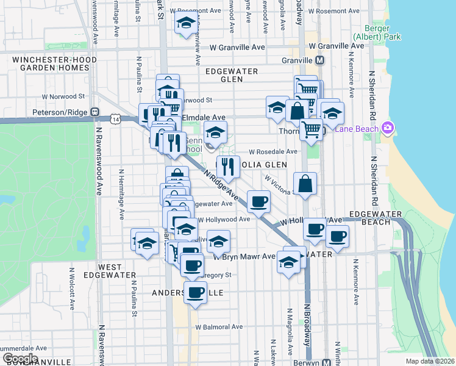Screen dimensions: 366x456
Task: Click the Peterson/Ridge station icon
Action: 94,112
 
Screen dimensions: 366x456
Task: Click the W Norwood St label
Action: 63,96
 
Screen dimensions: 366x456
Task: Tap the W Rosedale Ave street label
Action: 273,151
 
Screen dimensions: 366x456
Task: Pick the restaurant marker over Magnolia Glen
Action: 228,165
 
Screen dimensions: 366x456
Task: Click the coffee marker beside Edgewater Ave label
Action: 258,201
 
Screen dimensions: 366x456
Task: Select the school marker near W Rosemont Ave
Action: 185,24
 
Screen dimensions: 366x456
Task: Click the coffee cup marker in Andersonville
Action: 195,293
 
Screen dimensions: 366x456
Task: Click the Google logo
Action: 20,359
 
